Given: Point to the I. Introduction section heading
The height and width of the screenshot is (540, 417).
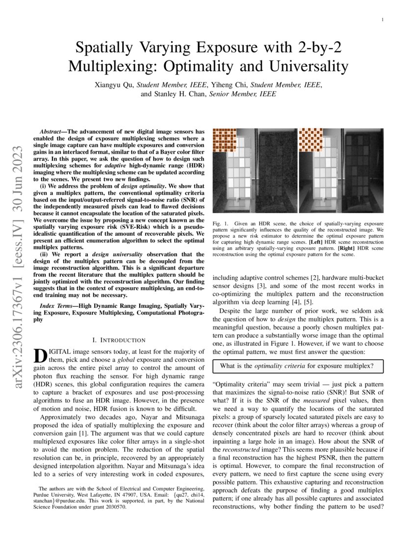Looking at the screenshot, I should [x=119, y=340].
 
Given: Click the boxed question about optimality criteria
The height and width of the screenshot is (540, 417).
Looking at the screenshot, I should [x=297, y=366].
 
